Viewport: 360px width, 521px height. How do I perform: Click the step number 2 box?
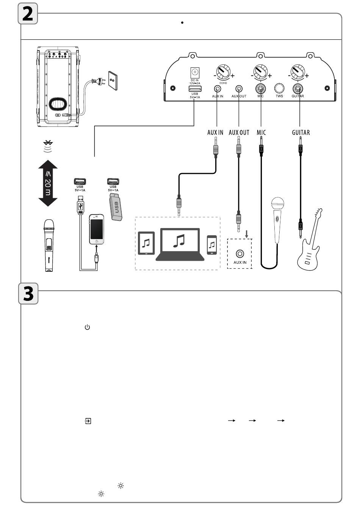(28, 14)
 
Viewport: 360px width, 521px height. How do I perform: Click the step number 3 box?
(29, 294)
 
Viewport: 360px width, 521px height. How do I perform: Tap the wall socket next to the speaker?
(113, 80)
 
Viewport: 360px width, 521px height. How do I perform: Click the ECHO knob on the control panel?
(223, 71)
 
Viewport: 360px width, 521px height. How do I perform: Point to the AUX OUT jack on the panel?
(239, 89)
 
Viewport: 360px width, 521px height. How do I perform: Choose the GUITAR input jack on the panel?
(297, 89)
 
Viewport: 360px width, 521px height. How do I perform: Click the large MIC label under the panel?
(261, 132)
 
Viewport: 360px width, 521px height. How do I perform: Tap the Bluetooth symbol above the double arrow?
(48, 146)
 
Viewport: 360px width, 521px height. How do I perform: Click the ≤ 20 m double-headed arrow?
(48, 183)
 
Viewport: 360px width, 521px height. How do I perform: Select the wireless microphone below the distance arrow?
(48, 245)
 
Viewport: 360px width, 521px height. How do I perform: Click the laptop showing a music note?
(180, 244)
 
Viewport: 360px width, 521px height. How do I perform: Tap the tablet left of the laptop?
(146, 243)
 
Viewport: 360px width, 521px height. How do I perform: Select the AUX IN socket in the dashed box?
(239, 253)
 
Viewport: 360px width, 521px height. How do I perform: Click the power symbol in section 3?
(87, 327)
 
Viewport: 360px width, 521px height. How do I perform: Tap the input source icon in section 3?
(88, 421)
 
